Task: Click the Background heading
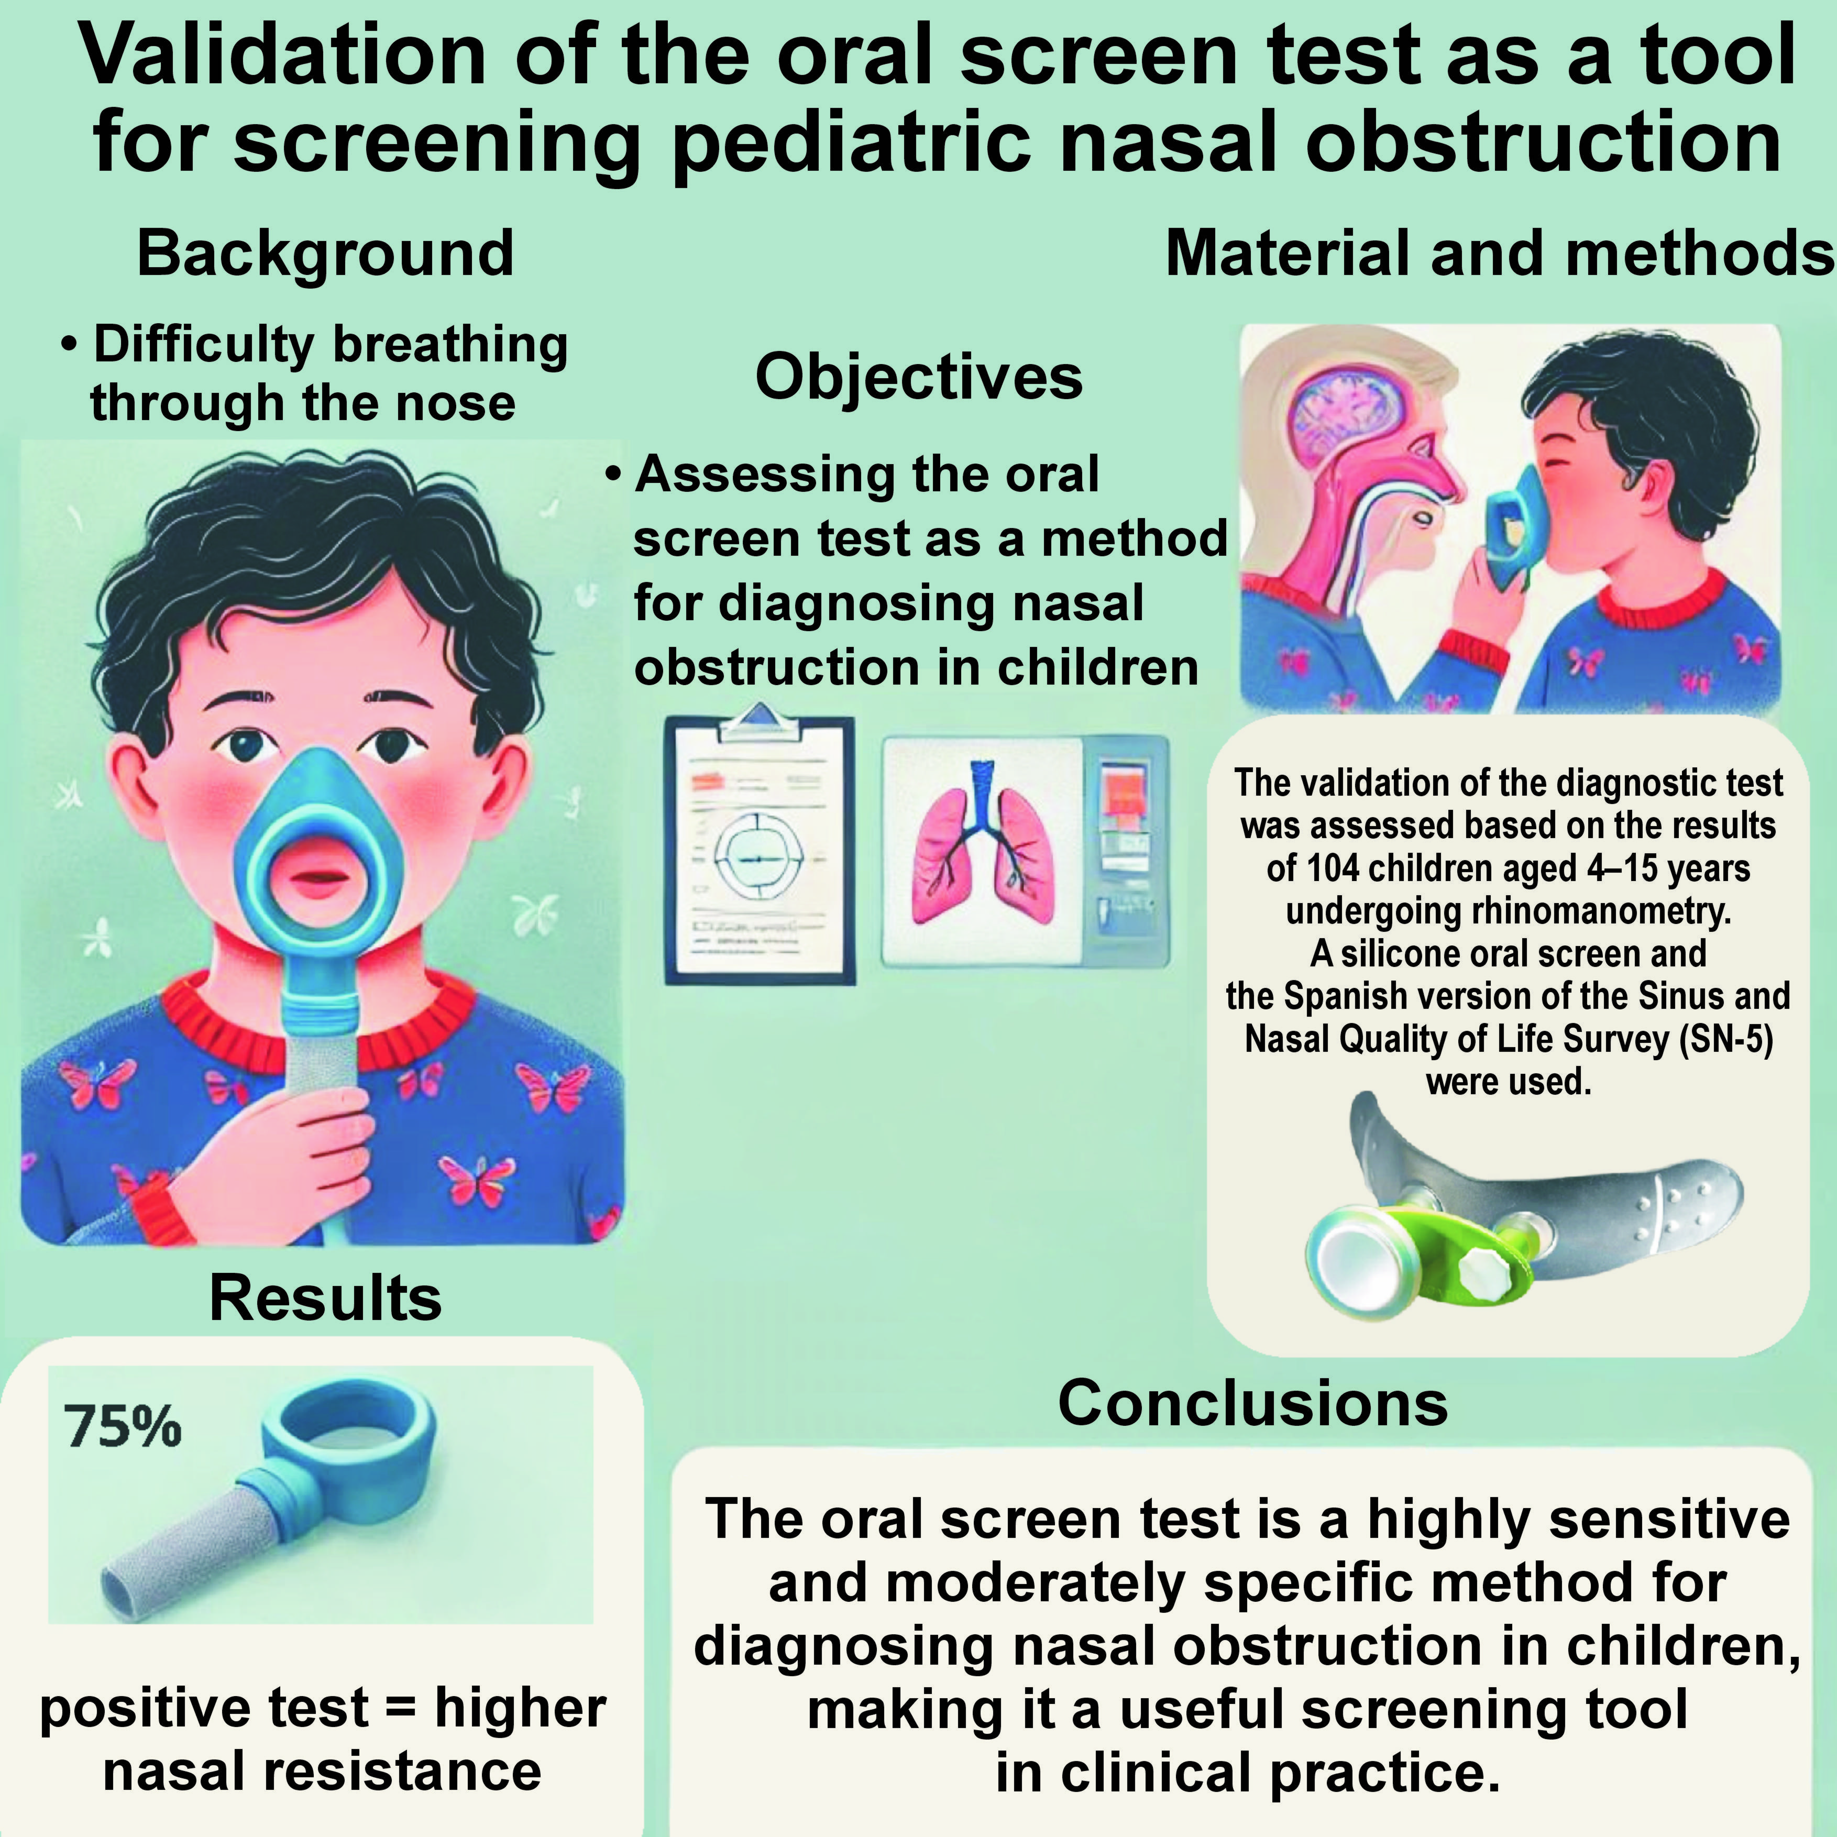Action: coord(325,254)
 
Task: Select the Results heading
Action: coord(325,1299)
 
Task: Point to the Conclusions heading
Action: coord(1252,1403)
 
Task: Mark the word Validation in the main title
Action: coord(282,57)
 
